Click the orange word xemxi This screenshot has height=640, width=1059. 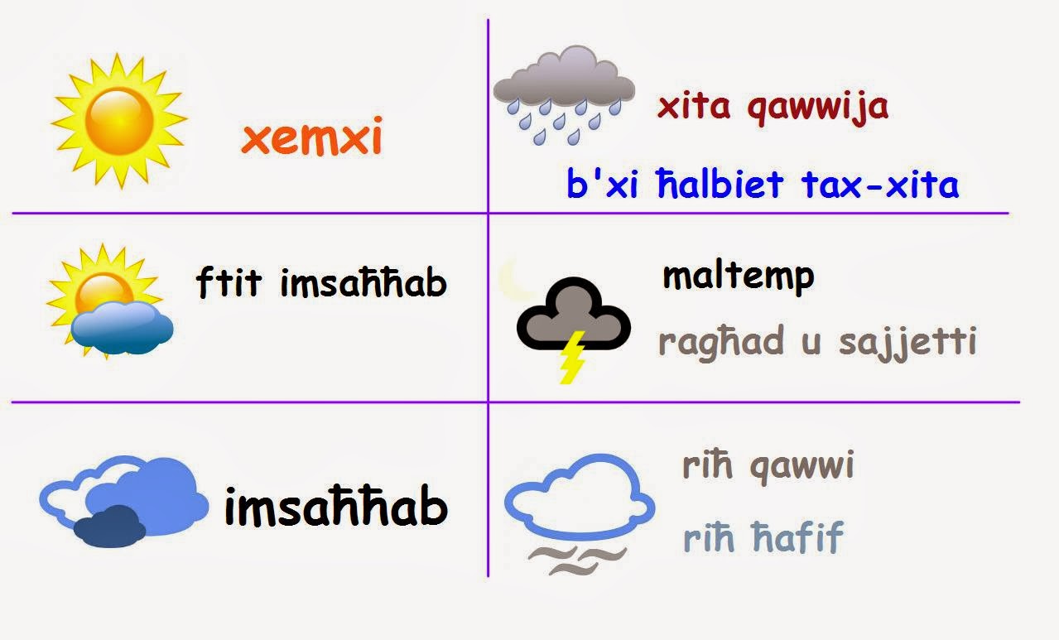(312, 136)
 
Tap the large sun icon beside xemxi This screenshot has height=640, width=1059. (119, 121)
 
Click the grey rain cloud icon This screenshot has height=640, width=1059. (564, 94)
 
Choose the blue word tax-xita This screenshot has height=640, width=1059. (880, 185)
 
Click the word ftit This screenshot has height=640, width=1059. (229, 282)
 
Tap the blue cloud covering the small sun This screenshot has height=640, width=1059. (123, 327)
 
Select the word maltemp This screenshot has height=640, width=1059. (739, 277)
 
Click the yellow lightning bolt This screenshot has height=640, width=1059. (572, 357)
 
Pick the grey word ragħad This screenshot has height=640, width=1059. (721, 342)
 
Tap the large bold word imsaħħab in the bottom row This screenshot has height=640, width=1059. (336, 506)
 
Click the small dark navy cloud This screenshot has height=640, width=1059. (109, 527)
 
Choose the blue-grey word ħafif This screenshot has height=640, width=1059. (797, 537)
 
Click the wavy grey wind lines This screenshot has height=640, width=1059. (577, 561)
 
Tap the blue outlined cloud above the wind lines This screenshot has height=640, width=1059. (580, 496)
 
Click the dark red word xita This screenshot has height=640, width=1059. (694, 106)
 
